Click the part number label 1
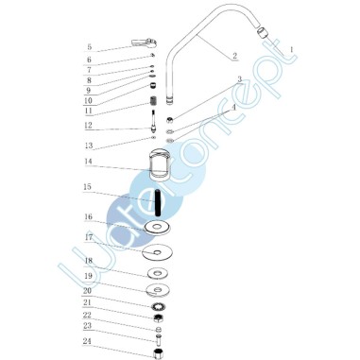(291, 50)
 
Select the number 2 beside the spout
(234, 56)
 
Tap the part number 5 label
(90, 47)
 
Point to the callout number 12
(88, 125)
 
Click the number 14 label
(88, 162)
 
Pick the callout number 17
(89, 237)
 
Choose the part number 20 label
(87, 291)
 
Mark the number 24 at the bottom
(87, 341)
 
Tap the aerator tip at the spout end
(262, 32)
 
